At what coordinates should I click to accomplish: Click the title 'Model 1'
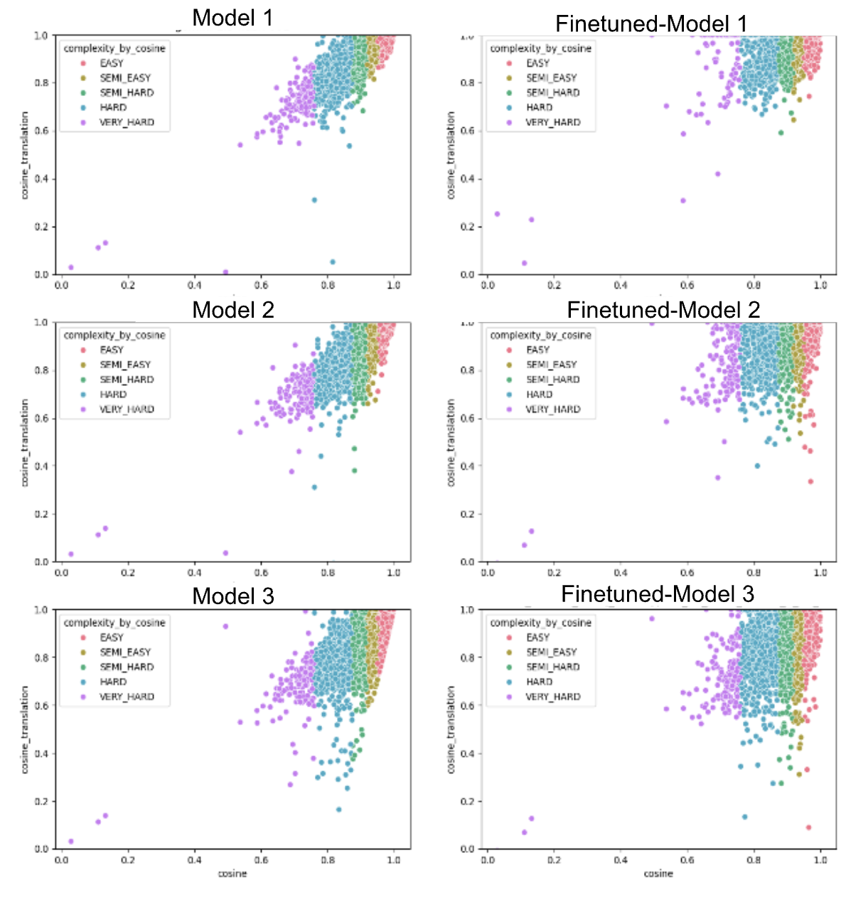coord(232,18)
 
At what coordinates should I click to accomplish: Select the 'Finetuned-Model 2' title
coord(663,310)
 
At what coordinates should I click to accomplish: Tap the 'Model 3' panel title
coord(233,596)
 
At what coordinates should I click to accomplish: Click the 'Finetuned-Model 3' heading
coord(658,594)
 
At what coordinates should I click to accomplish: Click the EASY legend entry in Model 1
coord(112,63)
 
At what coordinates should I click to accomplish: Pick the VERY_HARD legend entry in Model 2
coord(127,409)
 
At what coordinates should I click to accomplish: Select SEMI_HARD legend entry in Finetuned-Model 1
coord(552,92)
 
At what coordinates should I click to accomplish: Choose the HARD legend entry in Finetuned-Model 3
coord(540,682)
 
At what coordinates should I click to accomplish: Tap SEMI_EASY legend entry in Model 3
coord(125,652)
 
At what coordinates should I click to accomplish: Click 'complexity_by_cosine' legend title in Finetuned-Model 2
coord(540,335)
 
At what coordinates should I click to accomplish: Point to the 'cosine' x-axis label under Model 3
coord(232,873)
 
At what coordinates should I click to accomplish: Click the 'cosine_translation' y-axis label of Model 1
coord(25,155)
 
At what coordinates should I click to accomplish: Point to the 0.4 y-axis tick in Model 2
coord(42,466)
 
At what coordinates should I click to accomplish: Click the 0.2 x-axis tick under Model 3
coord(128,860)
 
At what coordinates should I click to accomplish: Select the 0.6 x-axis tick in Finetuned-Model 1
coord(687,285)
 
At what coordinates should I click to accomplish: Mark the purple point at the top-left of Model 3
coord(225,626)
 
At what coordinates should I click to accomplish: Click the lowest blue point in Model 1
coord(333,262)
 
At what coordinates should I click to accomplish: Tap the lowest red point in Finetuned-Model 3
coord(808,827)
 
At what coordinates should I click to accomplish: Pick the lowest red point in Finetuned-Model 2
coord(810,481)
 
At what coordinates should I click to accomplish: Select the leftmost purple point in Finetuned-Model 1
coord(497,214)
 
